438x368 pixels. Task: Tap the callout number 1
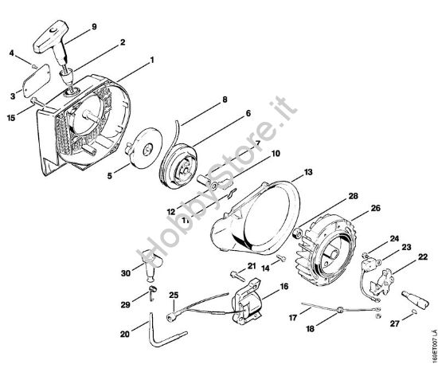point(151,59)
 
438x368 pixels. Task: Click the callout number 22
point(422,256)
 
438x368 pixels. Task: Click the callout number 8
point(225,99)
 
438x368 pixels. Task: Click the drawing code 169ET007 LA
point(431,334)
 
